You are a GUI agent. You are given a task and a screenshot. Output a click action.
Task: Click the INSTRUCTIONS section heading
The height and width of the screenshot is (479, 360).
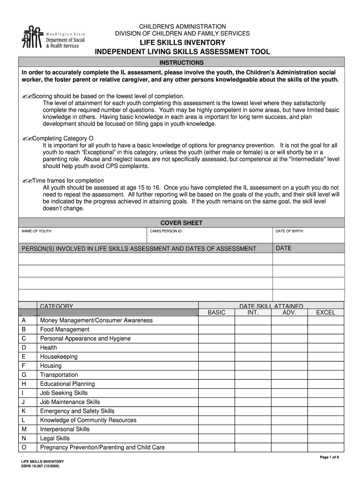181,63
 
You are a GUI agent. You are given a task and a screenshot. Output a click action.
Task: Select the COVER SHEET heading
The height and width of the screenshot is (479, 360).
181,223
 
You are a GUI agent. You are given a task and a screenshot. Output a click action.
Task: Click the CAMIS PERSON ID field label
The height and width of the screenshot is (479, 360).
166,232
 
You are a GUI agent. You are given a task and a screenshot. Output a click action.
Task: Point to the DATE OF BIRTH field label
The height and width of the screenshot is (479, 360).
290,232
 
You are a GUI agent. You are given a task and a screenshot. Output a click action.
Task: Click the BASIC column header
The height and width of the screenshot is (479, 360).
216,312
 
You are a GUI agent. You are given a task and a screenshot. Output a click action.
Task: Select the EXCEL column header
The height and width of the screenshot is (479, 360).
326,312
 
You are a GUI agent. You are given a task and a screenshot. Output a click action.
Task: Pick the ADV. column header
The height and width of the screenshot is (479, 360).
289,312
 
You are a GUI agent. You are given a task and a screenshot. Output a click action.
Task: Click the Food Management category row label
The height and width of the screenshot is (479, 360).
65,329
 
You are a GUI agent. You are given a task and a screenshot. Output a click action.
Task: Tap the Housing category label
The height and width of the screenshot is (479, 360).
51,366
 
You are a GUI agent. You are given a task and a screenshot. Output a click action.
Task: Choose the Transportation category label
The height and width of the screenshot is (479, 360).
59,375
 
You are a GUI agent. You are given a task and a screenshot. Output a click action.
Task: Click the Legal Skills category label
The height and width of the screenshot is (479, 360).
55,438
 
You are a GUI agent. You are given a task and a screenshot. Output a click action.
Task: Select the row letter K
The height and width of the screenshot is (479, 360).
24,411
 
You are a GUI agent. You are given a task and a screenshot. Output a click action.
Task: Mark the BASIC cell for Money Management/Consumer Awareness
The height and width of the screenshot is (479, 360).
216,320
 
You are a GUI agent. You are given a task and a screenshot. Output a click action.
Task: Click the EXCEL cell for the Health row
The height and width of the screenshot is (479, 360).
326,348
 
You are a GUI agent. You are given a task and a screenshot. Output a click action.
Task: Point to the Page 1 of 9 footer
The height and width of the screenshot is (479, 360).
329,457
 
